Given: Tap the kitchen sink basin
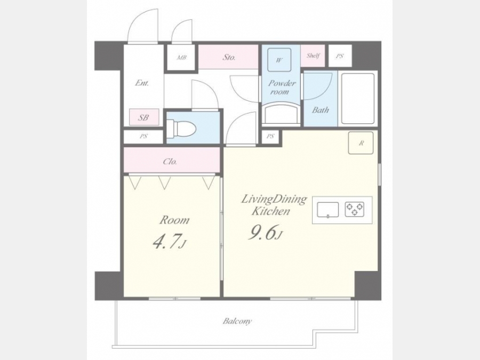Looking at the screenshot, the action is click(327, 210).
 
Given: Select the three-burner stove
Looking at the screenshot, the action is click(355, 210).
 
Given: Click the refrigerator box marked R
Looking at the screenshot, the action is click(361, 142).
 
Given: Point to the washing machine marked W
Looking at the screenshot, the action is click(279, 60).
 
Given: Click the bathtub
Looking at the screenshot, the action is click(358, 98).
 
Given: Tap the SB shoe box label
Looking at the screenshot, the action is click(143, 117).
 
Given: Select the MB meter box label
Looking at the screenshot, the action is click(181, 57).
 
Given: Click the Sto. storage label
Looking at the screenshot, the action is click(229, 57).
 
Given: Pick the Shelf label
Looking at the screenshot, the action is click(313, 55).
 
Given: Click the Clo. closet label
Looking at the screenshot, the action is click(170, 161).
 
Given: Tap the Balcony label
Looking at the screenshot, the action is click(237, 321).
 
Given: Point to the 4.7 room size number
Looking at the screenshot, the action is click(166, 242).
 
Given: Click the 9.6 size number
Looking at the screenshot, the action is click(262, 233).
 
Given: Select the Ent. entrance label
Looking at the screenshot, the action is click(142, 83).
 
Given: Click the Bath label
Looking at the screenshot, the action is click(321, 110).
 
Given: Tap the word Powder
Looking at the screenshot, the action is click(282, 83).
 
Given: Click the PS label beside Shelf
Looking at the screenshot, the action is click(340, 56).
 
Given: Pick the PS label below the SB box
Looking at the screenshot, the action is click(143, 137).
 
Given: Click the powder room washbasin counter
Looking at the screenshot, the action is click(281, 114).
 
